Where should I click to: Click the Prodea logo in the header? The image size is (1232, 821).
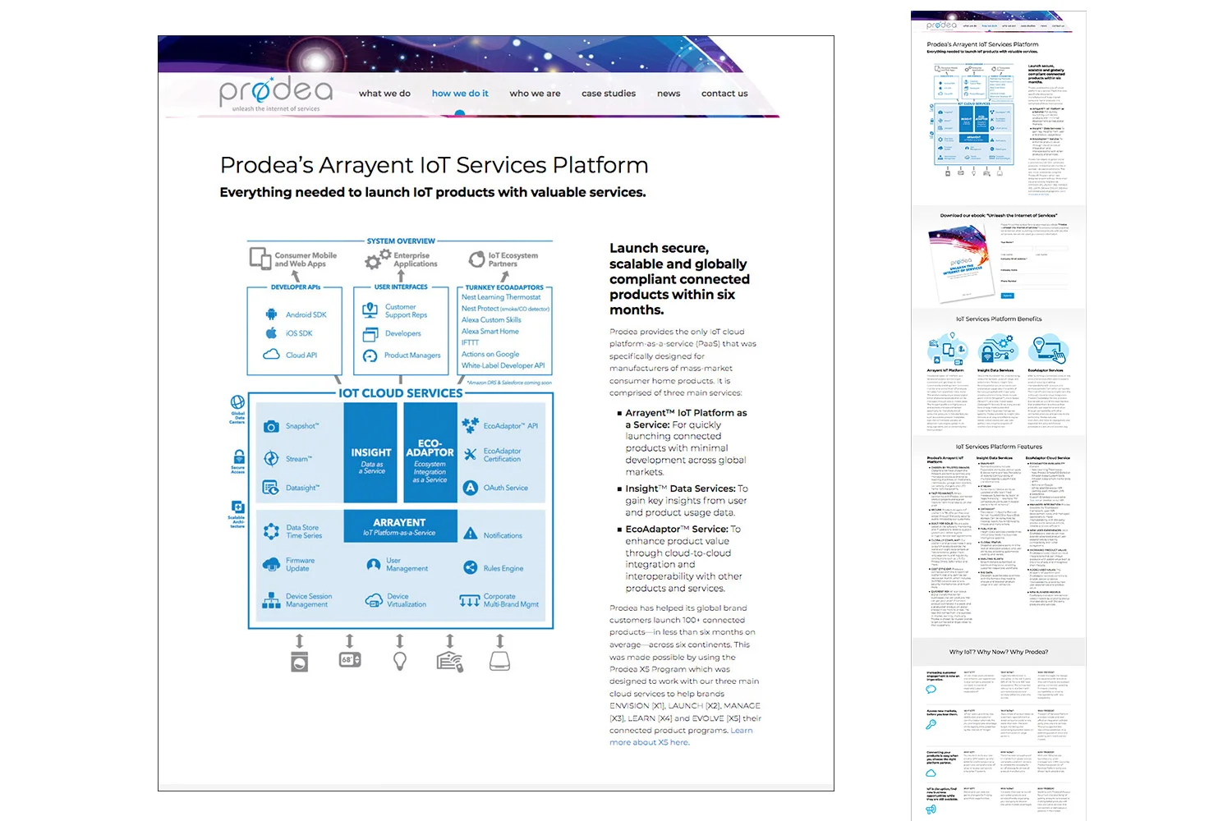tap(275, 92)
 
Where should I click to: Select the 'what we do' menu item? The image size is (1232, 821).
tap(384, 94)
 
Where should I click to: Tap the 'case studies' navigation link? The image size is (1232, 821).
tap(609, 94)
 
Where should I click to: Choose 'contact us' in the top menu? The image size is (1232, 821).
tap(724, 94)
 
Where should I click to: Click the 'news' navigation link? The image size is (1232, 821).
tap(669, 94)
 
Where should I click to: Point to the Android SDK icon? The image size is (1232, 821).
tap(271, 314)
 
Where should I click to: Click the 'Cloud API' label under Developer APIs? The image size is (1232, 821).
tap(301, 355)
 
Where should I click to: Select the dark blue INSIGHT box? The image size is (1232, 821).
tap(371, 456)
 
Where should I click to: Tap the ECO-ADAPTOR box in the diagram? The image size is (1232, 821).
tap(430, 456)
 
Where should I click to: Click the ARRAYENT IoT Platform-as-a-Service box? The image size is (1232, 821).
tap(399, 526)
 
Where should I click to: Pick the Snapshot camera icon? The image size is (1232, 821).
tap(271, 427)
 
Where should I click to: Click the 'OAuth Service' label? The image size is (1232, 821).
tap(506, 488)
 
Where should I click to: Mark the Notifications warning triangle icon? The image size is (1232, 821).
tap(471, 534)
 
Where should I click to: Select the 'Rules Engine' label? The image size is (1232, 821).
tap(503, 568)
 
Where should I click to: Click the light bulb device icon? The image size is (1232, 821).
tap(400, 661)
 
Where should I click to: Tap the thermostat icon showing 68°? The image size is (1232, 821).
tap(350, 660)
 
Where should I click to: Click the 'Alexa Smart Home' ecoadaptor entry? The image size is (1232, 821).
tap(490, 332)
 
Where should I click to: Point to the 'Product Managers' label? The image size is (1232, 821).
tap(412, 355)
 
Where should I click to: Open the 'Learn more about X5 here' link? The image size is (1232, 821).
tap(650, 742)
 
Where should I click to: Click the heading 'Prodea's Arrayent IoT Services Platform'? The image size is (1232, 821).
tap(434, 165)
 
